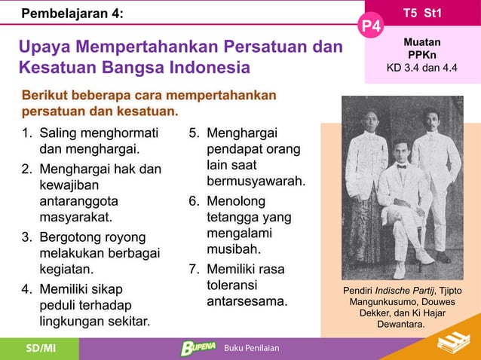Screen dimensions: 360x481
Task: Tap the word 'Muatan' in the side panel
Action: (x=423, y=43)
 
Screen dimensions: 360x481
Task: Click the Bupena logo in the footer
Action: (x=198, y=348)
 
